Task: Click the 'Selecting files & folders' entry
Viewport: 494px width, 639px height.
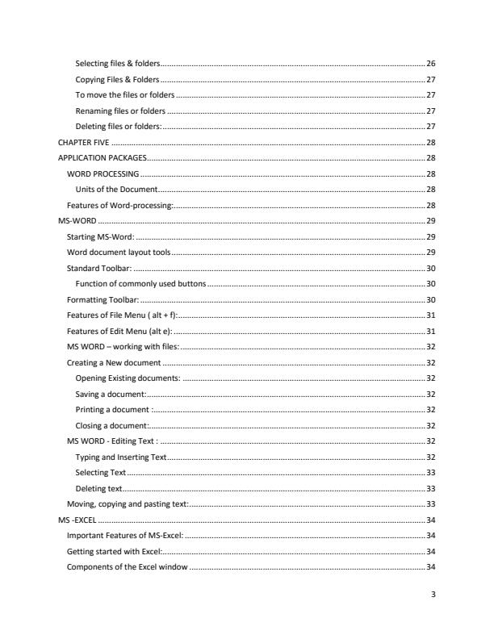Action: [x=117, y=63]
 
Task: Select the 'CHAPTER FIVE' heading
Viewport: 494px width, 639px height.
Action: [x=84, y=142]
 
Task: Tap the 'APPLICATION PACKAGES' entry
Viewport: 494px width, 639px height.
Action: [x=101, y=157]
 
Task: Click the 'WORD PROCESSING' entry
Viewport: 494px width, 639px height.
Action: [x=103, y=173]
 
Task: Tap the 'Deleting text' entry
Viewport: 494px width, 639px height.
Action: [x=98, y=488]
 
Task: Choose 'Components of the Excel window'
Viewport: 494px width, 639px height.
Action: [x=127, y=567]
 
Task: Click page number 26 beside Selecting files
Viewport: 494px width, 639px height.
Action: [x=431, y=63]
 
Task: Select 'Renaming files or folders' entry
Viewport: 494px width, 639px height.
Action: [x=119, y=111]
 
